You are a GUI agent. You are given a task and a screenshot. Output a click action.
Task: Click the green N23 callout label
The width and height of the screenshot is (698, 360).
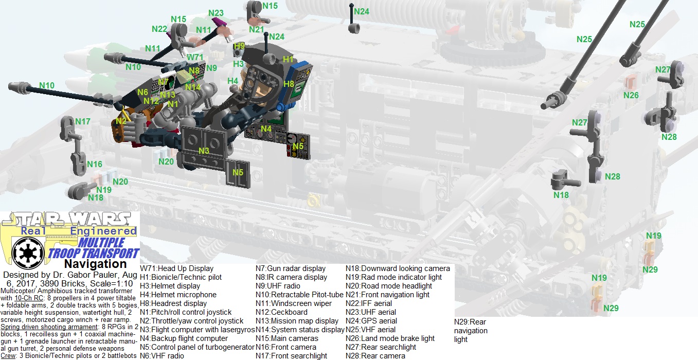click(x=216, y=13)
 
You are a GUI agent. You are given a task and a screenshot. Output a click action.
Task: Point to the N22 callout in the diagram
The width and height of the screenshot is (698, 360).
click(x=159, y=29)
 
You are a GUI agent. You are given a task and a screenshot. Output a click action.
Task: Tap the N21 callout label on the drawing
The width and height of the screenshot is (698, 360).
click(x=256, y=29)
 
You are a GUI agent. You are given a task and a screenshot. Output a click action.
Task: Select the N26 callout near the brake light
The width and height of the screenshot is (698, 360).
click(x=631, y=95)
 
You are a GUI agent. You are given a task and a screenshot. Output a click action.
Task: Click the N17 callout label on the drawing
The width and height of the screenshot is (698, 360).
click(x=82, y=122)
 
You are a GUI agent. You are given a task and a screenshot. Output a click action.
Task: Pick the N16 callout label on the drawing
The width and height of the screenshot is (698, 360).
click(x=95, y=164)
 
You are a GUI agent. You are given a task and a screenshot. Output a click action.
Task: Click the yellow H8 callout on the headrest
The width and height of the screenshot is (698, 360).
click(x=289, y=84)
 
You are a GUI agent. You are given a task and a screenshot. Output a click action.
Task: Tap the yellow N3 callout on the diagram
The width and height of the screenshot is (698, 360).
click(x=204, y=151)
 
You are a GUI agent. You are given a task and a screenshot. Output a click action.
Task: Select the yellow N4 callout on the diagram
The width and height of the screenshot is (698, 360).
click(x=266, y=129)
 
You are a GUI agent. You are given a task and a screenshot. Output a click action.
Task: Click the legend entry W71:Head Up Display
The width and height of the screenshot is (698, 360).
click(x=176, y=268)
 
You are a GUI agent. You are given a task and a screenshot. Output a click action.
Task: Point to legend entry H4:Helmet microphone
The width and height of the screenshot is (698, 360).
click(x=178, y=295)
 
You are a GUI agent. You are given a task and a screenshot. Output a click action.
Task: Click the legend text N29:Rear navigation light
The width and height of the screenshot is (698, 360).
click(x=470, y=331)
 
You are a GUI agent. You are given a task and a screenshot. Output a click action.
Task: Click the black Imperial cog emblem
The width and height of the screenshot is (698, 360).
click(x=24, y=252)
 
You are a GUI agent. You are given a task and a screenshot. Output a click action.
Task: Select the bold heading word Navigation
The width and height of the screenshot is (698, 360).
click(x=95, y=264)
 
